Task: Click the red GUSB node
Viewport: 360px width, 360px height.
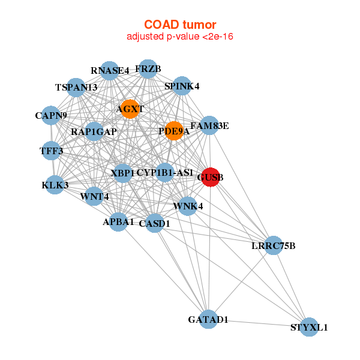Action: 209,177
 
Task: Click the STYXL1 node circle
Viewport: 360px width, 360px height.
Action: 309,327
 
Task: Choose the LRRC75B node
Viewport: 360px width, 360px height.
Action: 273,245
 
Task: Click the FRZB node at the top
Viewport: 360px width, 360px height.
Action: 148,69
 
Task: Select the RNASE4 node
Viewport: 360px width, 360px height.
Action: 110,71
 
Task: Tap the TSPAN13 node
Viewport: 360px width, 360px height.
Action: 76,88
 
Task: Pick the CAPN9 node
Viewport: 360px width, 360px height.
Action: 51,115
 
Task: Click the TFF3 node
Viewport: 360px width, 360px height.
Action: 51,151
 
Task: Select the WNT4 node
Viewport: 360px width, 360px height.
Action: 94,196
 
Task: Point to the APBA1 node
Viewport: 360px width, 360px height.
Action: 118,222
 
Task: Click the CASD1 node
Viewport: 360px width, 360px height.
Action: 155,223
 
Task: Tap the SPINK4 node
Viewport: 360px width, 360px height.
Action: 182,86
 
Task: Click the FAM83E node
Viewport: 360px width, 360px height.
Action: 209,125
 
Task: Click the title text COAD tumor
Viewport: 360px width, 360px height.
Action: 179,24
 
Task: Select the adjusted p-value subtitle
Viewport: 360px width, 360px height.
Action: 179,37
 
